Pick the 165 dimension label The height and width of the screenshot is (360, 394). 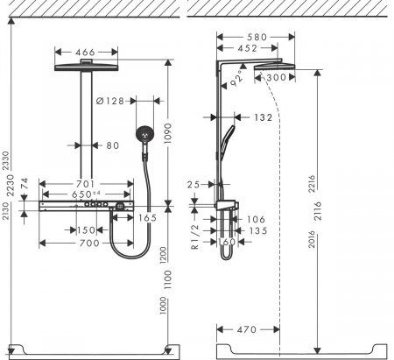pos(147,215)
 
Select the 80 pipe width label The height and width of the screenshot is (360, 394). pos(111,146)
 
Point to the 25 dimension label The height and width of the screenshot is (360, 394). pos(196,185)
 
